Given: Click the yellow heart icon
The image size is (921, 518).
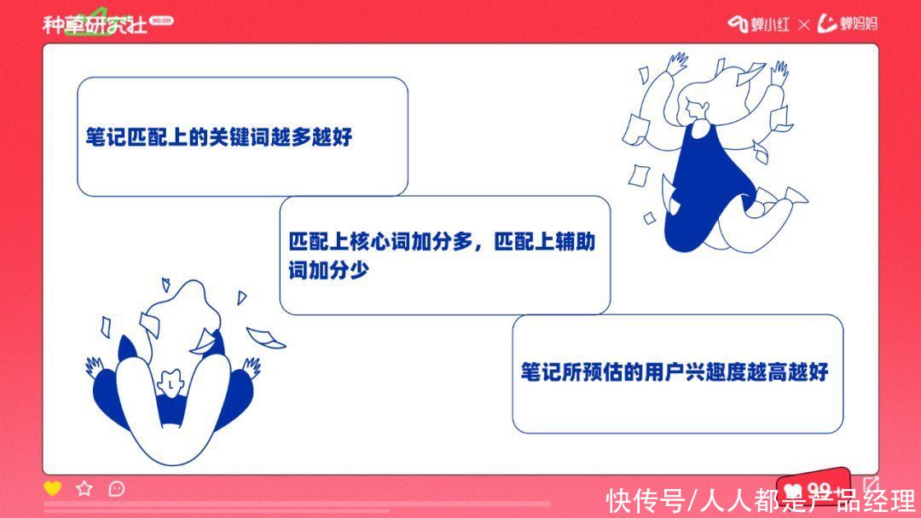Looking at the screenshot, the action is pos(52,488).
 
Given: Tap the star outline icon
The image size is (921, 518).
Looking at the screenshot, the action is pos(84,488).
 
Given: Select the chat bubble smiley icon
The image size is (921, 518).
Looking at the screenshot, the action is pos(117,489).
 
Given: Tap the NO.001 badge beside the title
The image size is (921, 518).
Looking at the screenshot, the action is pos(161,20).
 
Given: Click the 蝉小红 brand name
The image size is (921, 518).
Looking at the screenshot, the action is pos(770,24).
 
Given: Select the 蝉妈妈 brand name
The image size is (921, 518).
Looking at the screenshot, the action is pos(858,24).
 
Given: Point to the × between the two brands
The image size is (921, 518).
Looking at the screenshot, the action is pos(804,25).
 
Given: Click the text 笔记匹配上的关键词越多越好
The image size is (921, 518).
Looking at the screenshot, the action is pos(219,136).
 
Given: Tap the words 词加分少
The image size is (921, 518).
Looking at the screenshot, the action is pos(328,270).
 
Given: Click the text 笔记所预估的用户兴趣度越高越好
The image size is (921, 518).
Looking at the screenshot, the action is pos(675,371).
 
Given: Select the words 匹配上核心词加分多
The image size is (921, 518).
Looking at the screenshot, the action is pos(380,241).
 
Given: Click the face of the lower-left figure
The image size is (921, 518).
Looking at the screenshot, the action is pos(171,383).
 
